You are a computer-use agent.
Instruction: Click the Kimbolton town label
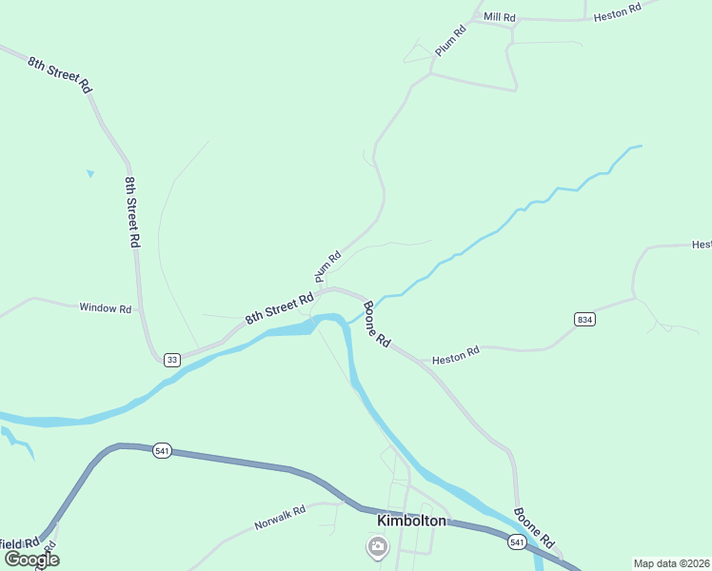point(411,521)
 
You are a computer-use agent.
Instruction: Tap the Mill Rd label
point(499,17)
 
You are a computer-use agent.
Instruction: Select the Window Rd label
point(105,307)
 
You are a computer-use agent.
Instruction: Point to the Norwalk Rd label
point(279,518)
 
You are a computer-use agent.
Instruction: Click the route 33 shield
point(171,359)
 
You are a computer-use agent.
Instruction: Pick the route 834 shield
point(584,320)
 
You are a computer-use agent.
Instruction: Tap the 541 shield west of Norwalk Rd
point(162,451)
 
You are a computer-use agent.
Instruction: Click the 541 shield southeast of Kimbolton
point(517,541)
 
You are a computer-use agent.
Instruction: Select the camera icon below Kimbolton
point(377,546)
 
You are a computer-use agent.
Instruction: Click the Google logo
point(31,559)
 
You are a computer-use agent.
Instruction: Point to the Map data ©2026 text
point(671,563)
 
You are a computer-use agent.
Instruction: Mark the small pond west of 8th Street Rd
point(90,173)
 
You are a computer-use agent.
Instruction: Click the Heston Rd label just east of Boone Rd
point(455,357)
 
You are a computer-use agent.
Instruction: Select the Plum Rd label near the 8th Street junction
point(327,266)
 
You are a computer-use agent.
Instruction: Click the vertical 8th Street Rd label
point(131,211)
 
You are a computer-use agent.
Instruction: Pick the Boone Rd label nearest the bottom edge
point(533,526)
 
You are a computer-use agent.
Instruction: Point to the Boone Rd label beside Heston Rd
point(377,325)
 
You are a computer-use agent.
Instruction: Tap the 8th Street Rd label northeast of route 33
point(279,307)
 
